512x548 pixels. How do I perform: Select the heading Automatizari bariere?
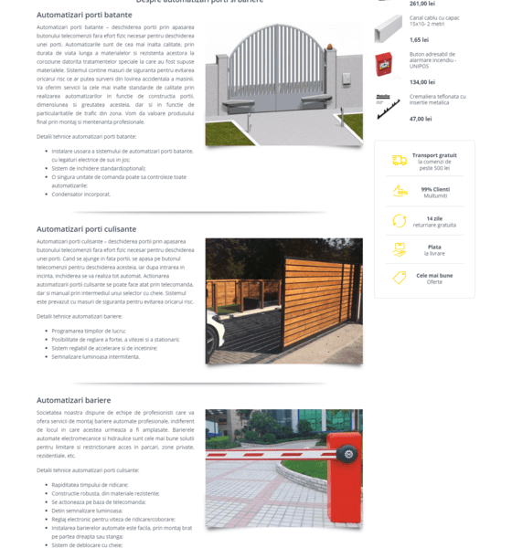(73, 400)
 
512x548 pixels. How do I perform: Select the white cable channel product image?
(388, 28)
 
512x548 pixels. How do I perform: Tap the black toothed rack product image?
(388, 105)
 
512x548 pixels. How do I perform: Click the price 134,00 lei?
(422, 82)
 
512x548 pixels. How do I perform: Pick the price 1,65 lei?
(419, 39)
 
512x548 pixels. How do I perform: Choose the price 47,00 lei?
(421, 119)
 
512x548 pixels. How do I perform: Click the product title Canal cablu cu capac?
(433, 17)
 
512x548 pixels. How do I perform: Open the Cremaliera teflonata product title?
(437, 96)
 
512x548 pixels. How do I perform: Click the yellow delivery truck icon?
(400, 161)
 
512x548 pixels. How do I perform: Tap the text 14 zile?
(434, 218)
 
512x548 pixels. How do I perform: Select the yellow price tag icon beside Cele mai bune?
(400, 278)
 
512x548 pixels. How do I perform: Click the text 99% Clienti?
(435, 189)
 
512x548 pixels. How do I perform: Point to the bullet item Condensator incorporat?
(81, 194)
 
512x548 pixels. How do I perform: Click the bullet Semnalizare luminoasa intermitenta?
(95, 356)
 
